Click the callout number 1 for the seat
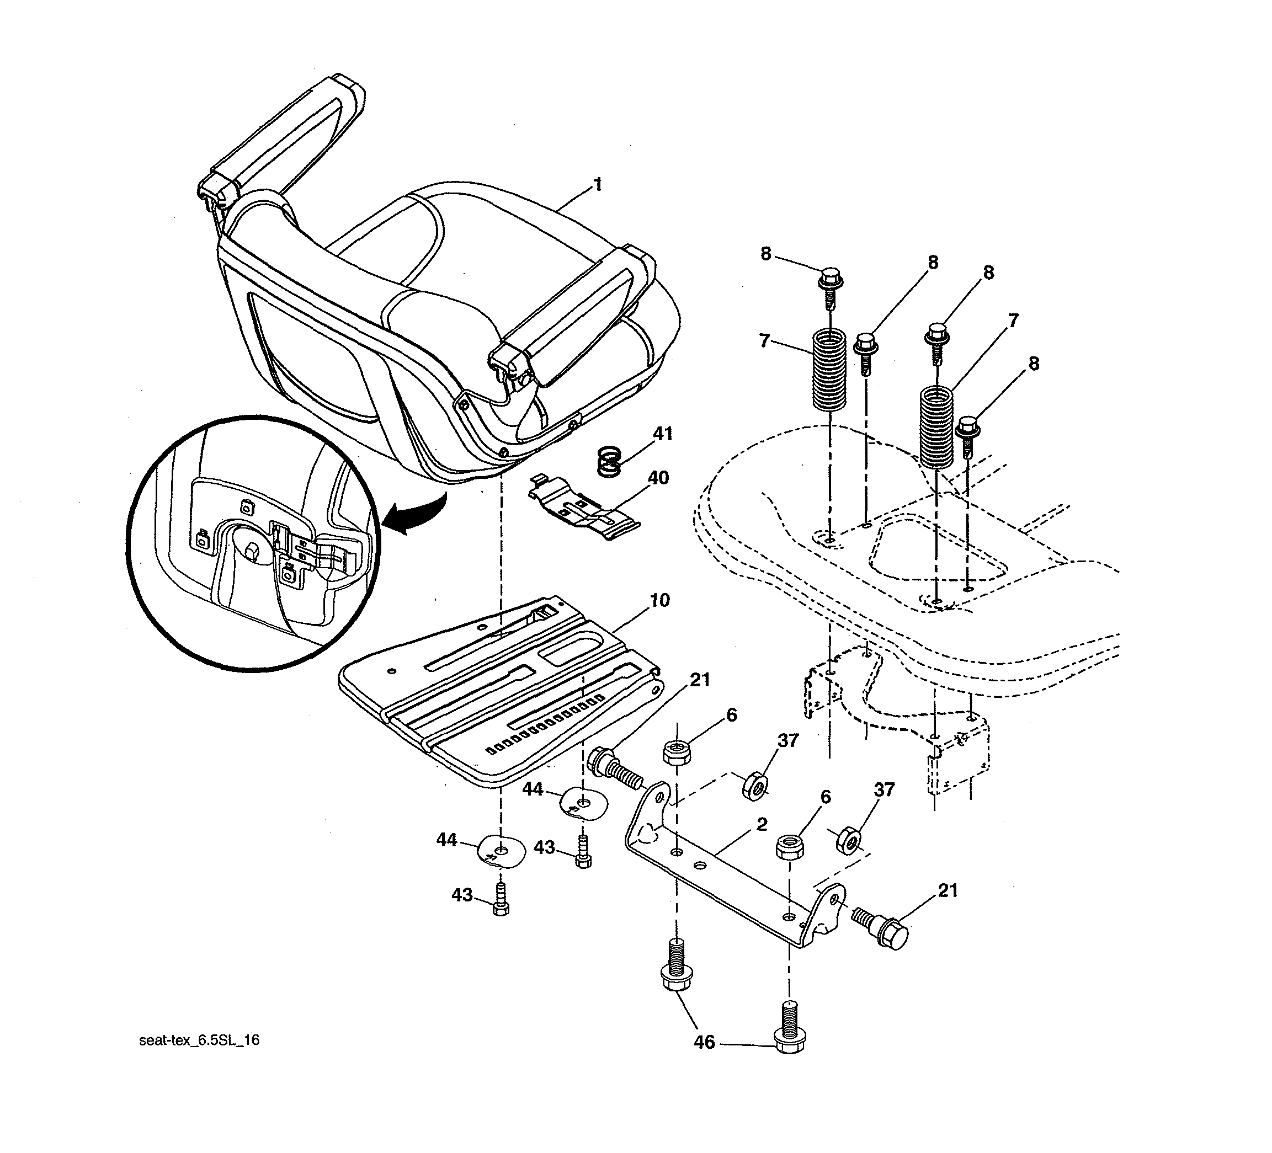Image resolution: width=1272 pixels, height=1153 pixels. coord(597,185)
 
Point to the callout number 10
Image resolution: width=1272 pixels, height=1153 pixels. coord(659,600)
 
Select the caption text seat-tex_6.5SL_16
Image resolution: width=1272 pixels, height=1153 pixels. coord(199,1040)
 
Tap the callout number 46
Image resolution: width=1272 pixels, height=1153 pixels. coord(704,1043)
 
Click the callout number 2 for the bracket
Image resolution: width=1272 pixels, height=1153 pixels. coord(762,824)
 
